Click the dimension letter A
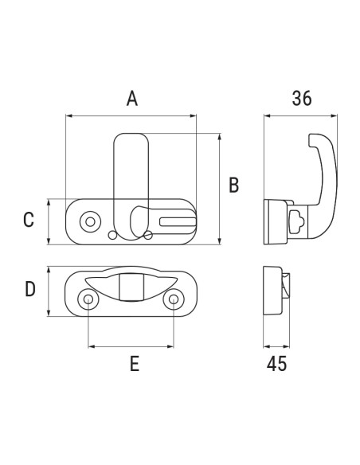133,99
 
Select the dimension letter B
233,186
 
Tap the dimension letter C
29,221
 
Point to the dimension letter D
29,288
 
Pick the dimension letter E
134,365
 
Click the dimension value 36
301,99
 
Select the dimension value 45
276,365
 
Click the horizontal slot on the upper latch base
176,221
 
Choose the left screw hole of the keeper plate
88,299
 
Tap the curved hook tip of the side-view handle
311,142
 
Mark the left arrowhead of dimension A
68,116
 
